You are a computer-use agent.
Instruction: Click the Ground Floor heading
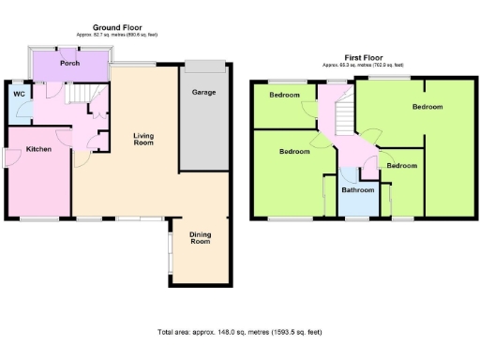(117, 28)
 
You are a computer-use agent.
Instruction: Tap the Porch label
(69, 64)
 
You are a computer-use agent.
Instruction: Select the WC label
(18, 95)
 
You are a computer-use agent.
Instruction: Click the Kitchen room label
(38, 149)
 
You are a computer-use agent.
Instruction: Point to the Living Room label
(142, 138)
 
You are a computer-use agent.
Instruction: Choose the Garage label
(204, 93)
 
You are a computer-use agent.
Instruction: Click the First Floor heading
(362, 58)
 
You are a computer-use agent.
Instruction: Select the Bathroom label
(357, 190)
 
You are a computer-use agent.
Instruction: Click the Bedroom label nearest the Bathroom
(400, 166)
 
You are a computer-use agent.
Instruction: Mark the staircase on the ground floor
(87, 94)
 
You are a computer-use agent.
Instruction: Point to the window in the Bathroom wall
(357, 219)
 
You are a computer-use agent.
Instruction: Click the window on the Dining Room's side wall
(170, 248)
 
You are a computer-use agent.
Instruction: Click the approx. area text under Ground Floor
(117, 37)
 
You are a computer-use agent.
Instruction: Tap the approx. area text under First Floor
(362, 66)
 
